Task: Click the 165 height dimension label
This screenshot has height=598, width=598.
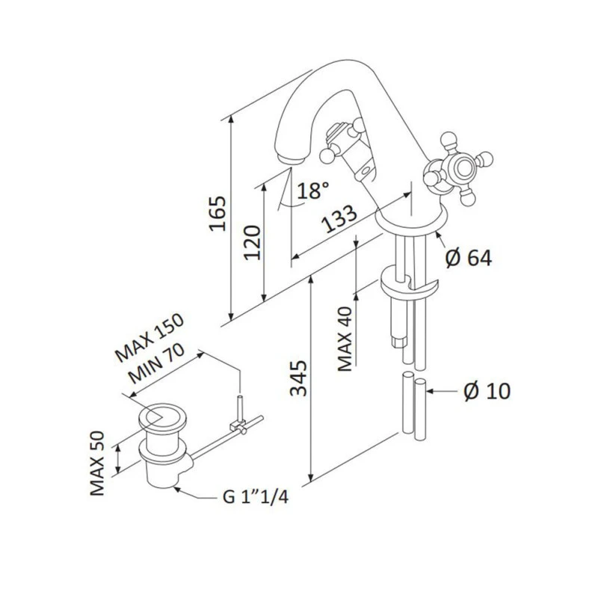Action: [218, 214]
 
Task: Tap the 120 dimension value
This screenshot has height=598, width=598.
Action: [252, 243]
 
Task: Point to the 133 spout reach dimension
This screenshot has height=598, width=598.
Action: [339, 218]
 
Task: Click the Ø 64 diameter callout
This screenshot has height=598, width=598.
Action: [469, 258]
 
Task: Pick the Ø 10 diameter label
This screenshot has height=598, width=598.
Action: [487, 391]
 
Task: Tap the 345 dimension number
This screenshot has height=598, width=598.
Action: [298, 378]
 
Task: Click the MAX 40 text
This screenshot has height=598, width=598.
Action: [345, 339]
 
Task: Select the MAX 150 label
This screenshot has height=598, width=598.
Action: [149, 338]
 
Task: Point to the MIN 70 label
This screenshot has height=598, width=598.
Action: [156, 363]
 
